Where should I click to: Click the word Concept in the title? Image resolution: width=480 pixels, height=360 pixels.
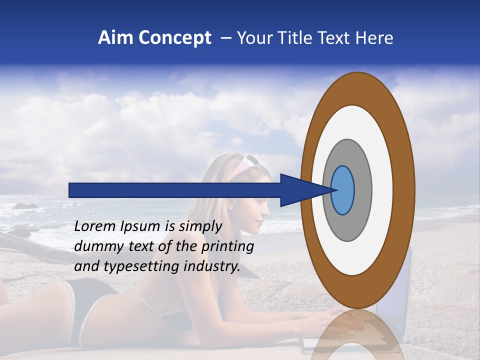coord(174,38)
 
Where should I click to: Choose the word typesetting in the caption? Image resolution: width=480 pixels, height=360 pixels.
coord(137,267)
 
